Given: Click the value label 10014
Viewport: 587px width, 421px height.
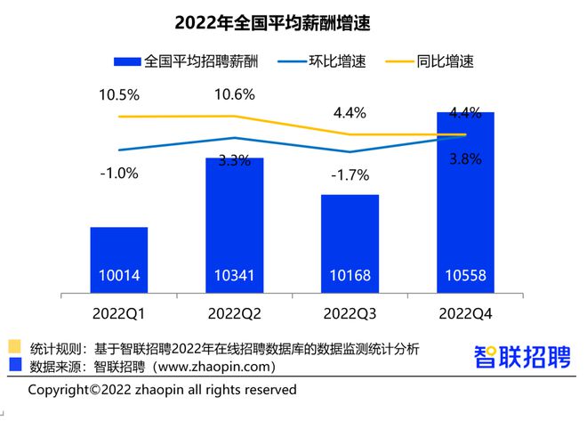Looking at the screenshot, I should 119,276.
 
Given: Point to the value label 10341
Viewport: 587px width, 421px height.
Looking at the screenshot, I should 234,276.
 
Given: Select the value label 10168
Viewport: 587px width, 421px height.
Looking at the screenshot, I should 350,276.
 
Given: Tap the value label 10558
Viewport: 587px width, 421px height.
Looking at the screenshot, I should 465,276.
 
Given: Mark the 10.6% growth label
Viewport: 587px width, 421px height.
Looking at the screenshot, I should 234,95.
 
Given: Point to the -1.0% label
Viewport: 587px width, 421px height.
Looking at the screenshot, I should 118,174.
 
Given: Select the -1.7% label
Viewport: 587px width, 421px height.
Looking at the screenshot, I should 350,174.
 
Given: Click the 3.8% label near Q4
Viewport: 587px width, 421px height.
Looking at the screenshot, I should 465,160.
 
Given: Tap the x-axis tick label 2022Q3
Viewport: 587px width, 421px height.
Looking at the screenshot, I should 350,313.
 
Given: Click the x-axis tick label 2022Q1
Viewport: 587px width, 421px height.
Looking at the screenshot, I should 119,313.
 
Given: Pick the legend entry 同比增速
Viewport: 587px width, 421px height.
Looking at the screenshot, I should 441,61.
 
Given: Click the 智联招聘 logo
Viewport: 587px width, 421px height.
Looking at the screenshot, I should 519,356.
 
